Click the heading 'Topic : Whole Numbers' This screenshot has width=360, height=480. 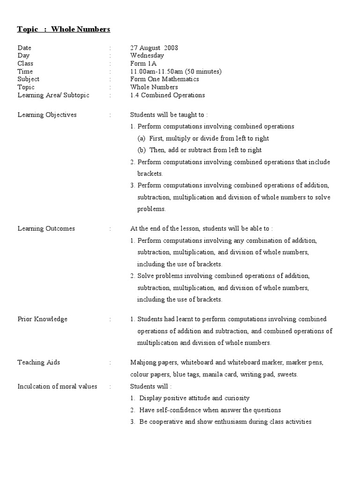point(63,30)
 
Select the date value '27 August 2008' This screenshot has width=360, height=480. point(154,48)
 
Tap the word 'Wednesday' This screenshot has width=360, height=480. point(147,55)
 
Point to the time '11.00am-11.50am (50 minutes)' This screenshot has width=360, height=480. point(176,71)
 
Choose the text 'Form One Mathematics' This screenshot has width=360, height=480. point(165,79)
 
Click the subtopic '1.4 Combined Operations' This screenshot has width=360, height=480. point(167,95)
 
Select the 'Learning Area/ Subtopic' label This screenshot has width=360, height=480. point(53,95)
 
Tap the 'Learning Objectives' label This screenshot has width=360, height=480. point(47,115)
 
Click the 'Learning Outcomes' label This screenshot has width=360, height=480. point(46,229)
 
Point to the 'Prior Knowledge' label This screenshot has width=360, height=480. point(42,319)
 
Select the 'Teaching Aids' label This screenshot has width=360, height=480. point(38,362)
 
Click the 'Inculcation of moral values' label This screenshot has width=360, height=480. point(57,387)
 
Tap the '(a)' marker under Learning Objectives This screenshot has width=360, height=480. point(142,139)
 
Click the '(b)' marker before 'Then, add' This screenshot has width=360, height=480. point(142,150)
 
